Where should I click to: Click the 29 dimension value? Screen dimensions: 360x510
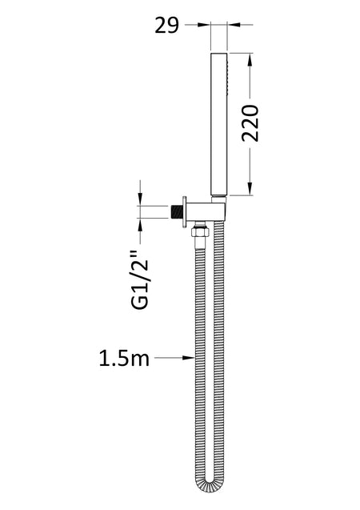point(166,26)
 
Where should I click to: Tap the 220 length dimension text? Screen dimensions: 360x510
point(250,123)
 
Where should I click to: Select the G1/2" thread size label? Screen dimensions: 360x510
point(140,279)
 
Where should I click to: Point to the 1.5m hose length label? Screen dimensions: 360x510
point(124,359)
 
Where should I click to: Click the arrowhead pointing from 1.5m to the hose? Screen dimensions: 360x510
point(188,358)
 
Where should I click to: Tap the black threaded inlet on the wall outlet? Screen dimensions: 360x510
point(177,211)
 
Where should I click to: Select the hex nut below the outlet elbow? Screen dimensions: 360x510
point(199,232)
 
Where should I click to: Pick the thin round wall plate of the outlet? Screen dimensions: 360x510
point(185,211)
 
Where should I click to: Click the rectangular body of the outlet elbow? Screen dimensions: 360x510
point(206,211)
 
